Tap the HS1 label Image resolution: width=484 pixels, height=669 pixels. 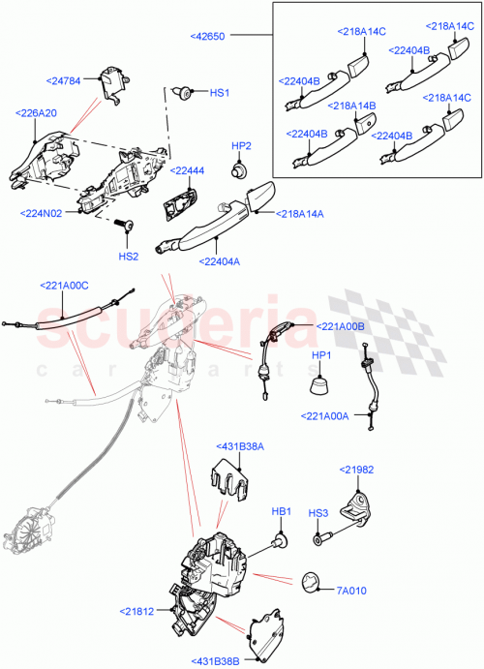coord(220,93)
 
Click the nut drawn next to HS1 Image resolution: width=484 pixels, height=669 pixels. coord(183,93)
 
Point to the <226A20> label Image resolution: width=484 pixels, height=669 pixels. coord(37,113)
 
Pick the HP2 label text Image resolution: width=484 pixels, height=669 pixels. coord(241,146)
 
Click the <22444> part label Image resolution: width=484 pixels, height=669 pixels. coord(187,170)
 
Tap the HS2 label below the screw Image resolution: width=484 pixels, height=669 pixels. coord(129,257)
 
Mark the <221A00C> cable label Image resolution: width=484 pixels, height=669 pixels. coord(65,286)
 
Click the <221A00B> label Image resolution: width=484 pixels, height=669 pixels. coord(340,326)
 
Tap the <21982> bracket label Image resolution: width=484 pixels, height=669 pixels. coord(356,469)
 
